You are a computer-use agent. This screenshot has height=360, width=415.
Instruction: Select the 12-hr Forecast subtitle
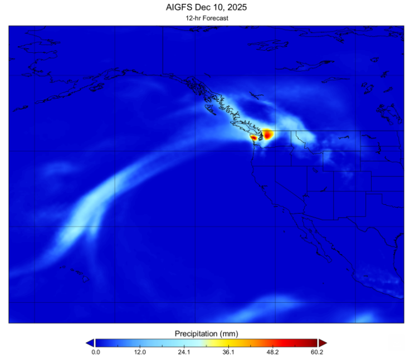(207, 18)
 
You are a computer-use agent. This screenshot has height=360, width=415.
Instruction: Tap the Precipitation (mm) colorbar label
(207, 333)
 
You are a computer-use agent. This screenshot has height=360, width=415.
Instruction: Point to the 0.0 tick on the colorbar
(95, 352)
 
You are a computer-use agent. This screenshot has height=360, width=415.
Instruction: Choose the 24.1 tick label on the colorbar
(184, 352)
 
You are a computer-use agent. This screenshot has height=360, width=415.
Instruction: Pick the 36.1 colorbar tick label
(228, 352)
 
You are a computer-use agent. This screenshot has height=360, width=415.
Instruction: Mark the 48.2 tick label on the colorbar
(273, 352)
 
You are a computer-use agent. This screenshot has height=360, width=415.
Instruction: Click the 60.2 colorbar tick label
(317, 352)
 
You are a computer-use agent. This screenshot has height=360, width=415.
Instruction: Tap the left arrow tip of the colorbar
(90, 343)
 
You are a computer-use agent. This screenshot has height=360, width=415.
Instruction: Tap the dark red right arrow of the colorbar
(323, 343)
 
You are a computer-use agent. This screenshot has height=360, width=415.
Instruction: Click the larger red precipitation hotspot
(268, 134)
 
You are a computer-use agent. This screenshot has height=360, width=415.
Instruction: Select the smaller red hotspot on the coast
(254, 137)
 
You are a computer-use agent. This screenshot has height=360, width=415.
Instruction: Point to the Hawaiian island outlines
(78, 273)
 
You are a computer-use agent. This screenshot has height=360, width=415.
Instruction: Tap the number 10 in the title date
(213, 7)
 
